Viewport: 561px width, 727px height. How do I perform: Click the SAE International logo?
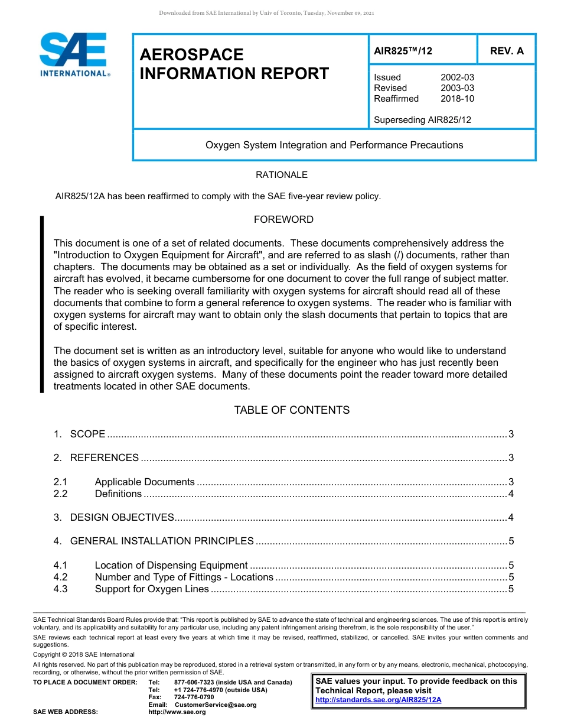click(74, 54)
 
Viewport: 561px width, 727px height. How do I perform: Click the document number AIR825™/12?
click(403, 51)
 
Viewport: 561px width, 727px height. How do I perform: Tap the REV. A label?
click(507, 51)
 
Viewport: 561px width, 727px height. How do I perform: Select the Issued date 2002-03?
click(457, 77)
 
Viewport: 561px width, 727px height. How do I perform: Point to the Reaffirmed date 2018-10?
click(457, 99)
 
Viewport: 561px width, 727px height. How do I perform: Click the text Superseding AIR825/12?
click(422, 120)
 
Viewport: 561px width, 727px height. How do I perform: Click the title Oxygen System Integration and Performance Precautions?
click(334, 145)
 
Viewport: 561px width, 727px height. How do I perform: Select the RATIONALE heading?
click(282, 175)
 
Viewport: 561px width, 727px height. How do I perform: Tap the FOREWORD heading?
click(283, 219)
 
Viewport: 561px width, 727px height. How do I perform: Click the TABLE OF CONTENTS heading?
click(292, 410)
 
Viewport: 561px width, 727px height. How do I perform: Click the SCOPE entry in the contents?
click(87, 434)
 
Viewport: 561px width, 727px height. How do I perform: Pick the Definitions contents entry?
click(118, 494)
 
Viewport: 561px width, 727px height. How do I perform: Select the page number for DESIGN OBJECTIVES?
click(511, 518)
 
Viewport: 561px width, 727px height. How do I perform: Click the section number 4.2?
click(60, 577)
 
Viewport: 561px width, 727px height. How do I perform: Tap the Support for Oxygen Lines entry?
click(152, 589)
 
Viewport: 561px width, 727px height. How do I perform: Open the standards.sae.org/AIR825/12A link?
click(379, 700)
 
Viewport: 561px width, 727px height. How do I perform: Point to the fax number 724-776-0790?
click(194, 697)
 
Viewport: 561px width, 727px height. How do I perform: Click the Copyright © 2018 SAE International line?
click(84, 654)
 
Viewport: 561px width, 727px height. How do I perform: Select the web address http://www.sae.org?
click(177, 712)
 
